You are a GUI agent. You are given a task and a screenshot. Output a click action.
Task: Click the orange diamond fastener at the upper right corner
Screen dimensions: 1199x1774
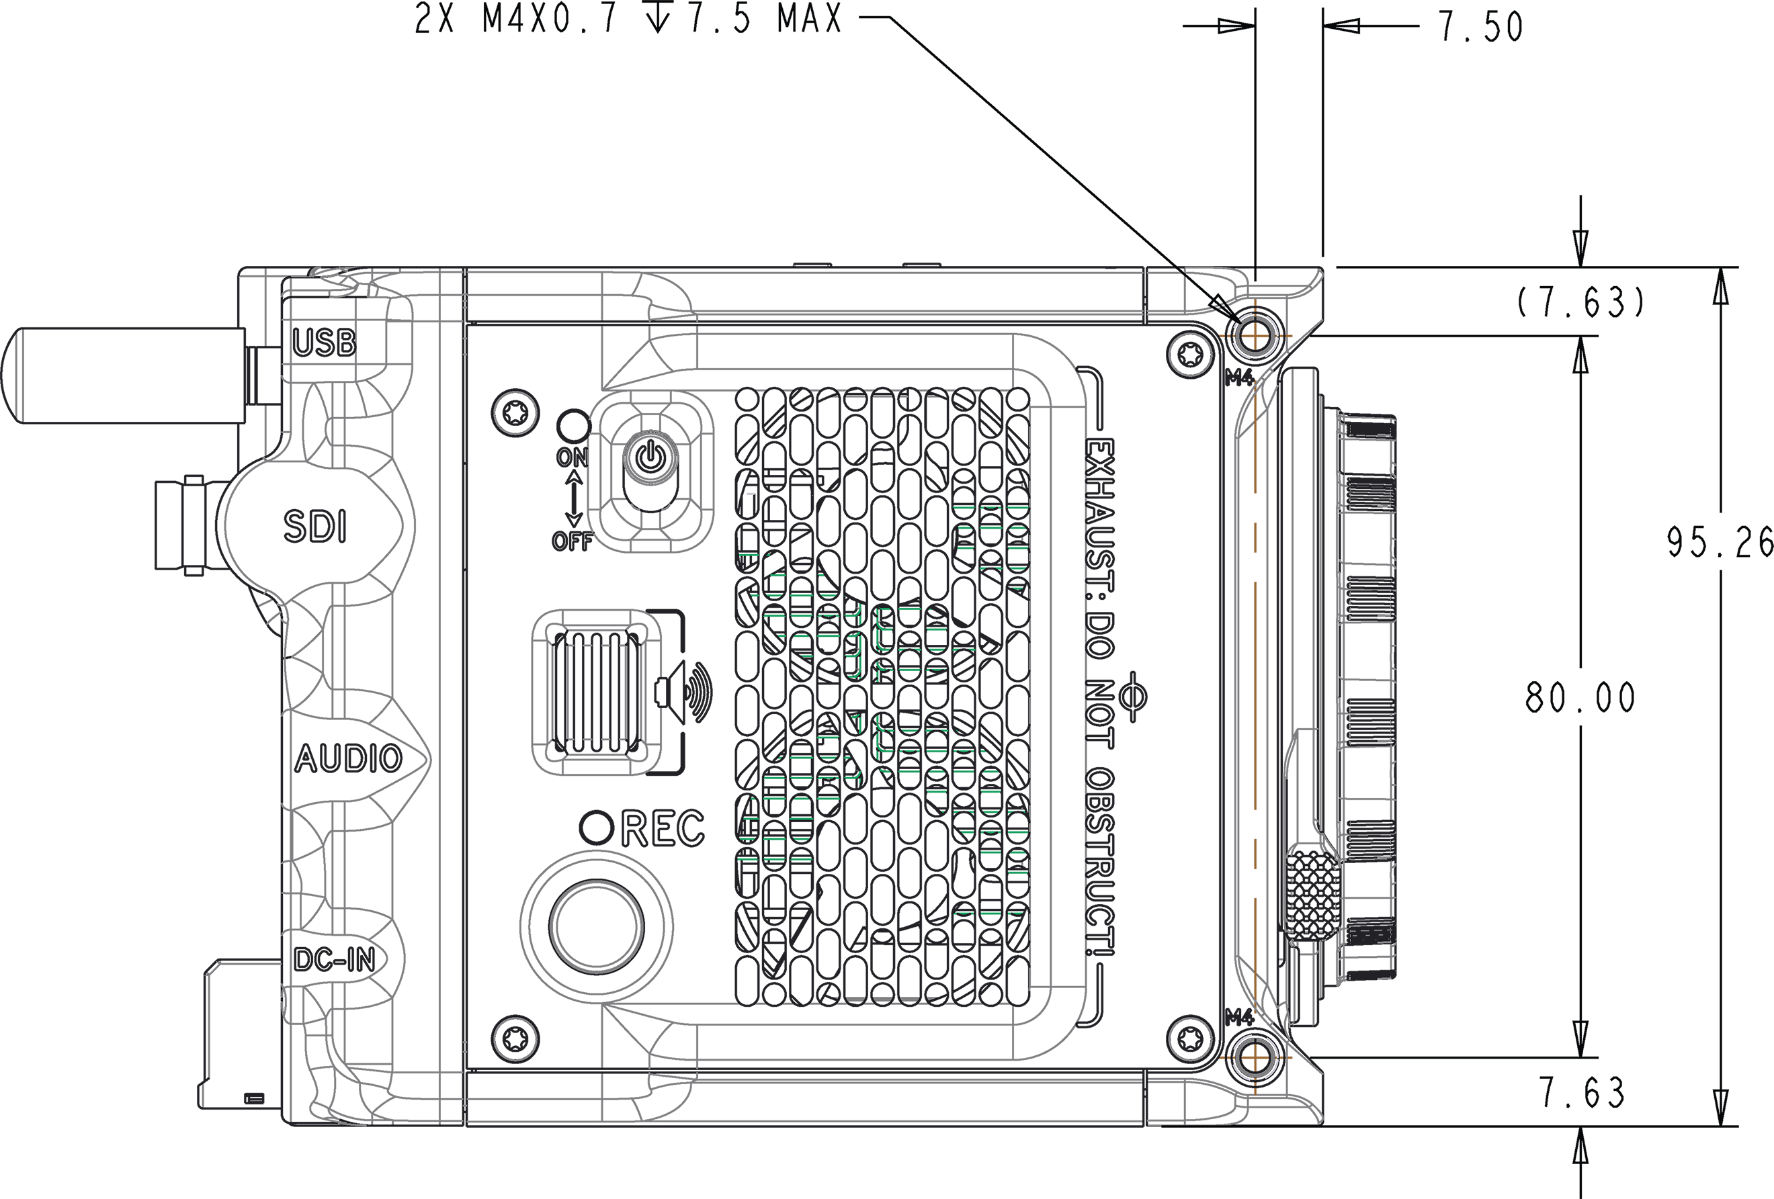1253,335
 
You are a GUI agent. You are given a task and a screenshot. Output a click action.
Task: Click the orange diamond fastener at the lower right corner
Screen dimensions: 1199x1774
1253,1058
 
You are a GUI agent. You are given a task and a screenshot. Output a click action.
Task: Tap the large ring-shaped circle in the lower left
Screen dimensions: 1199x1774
596,926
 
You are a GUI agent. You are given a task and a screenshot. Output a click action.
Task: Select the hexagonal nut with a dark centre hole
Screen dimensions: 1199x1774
650,460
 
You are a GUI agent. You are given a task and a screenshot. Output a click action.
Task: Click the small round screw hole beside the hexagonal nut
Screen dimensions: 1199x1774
515,413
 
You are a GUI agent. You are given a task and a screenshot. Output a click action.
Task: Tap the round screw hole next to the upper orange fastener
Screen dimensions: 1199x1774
1189,353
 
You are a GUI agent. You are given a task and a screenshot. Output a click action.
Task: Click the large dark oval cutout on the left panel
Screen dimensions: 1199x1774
314,527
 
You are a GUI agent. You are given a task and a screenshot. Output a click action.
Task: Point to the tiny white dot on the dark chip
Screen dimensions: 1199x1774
750,494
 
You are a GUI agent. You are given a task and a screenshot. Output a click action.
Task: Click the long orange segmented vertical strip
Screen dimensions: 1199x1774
1253,687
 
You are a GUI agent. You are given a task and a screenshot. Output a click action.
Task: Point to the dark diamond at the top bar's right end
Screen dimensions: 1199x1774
1145,291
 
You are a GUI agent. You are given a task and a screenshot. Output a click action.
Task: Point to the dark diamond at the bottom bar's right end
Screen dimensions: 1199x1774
1145,1100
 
